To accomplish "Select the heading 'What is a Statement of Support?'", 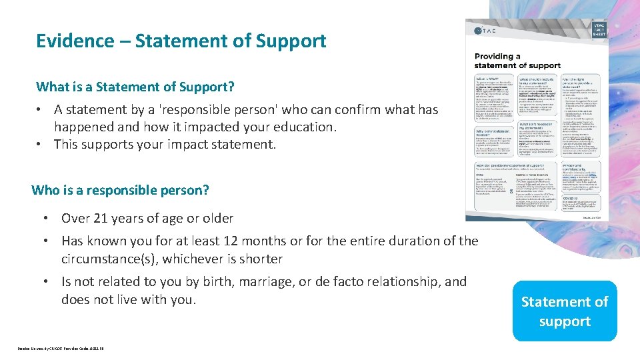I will click(135, 87).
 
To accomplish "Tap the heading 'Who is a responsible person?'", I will click(120, 190).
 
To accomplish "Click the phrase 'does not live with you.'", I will click(129, 299).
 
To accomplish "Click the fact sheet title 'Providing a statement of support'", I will click(517, 61).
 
